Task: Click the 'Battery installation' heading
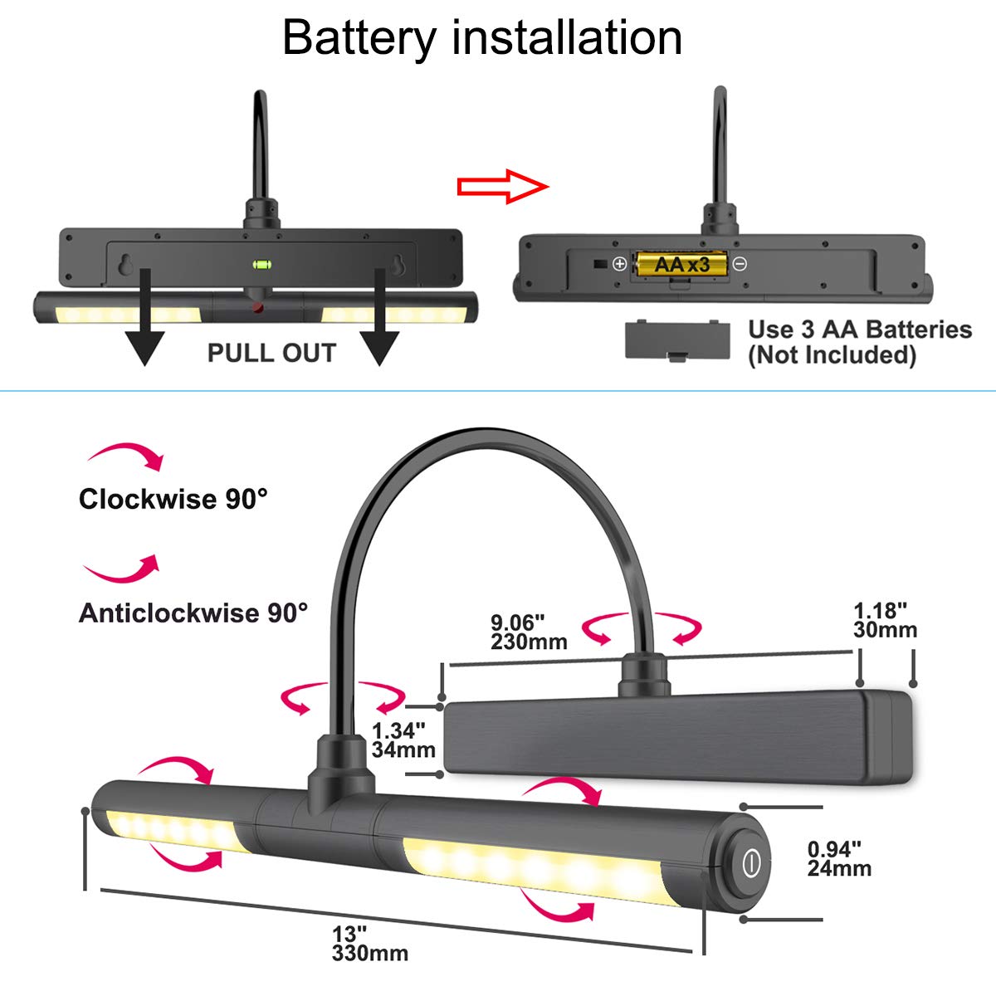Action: [482, 37]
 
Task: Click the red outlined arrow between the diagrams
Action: [503, 186]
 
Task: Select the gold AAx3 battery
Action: [681, 264]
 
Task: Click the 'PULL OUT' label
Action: [271, 353]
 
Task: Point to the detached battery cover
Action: [677, 341]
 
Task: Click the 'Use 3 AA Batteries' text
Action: [859, 330]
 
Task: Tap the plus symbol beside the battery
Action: [619, 264]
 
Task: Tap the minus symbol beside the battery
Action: [740, 264]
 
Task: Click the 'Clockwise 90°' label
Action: [173, 499]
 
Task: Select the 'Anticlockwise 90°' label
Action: [193, 613]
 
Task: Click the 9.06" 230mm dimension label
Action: [529, 632]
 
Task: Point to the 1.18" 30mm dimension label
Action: [885, 620]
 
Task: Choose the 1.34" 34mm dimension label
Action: [403, 740]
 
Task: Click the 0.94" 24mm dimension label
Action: [839, 858]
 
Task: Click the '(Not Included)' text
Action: [832, 355]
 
